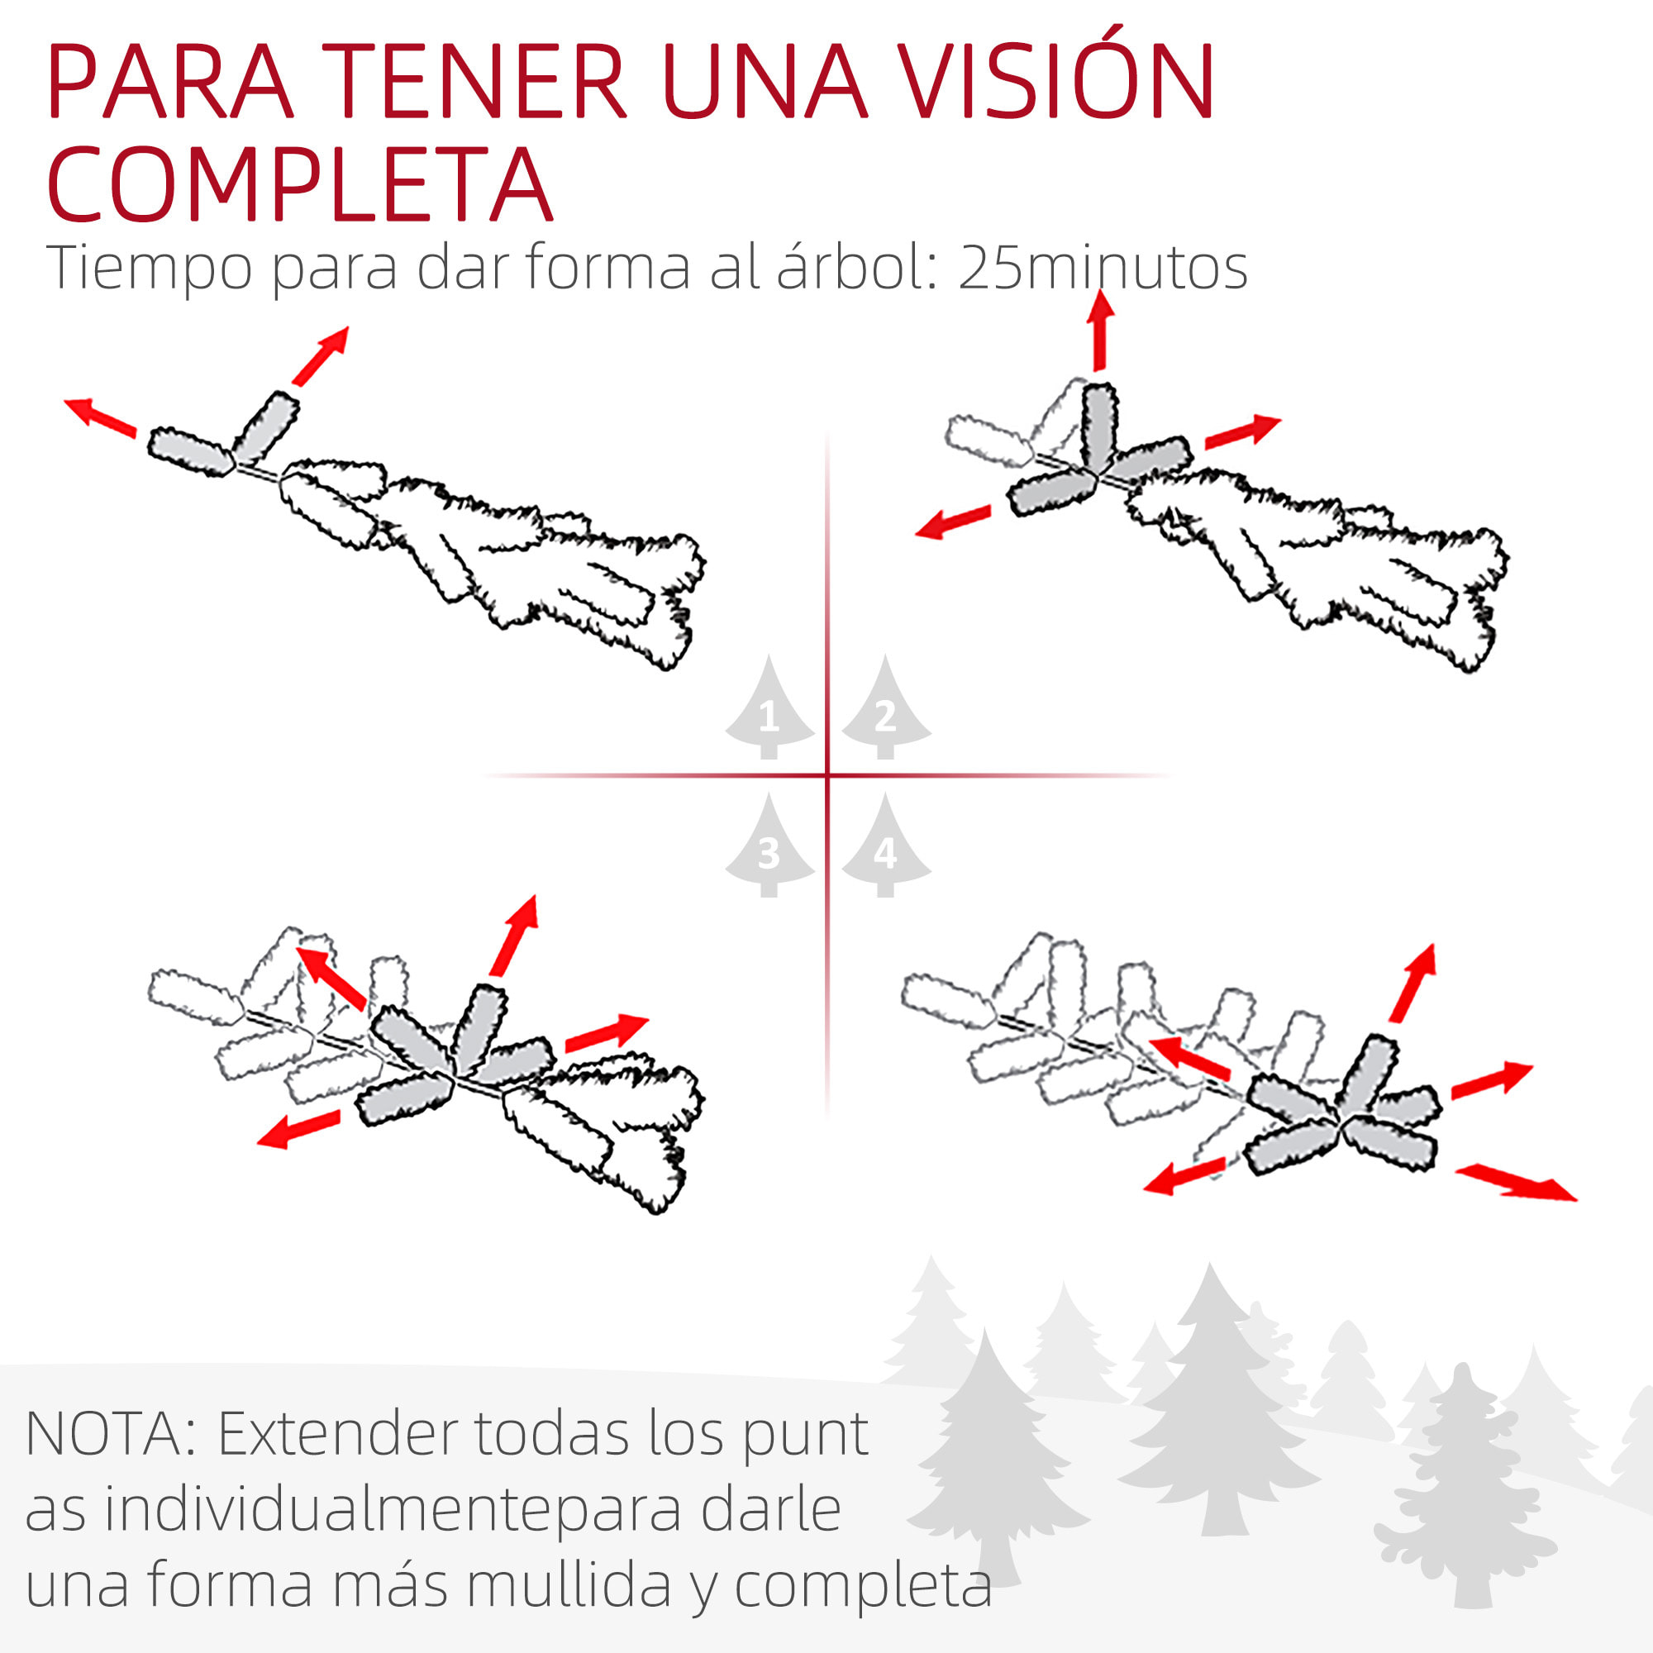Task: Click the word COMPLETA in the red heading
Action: pos(299,184)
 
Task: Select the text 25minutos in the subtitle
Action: pos(1102,268)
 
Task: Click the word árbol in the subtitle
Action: pos(850,268)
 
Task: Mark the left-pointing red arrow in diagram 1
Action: pos(101,417)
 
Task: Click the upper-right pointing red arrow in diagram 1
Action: pos(321,355)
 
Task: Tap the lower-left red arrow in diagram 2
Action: pos(952,522)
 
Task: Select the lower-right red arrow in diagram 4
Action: pos(1515,1183)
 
